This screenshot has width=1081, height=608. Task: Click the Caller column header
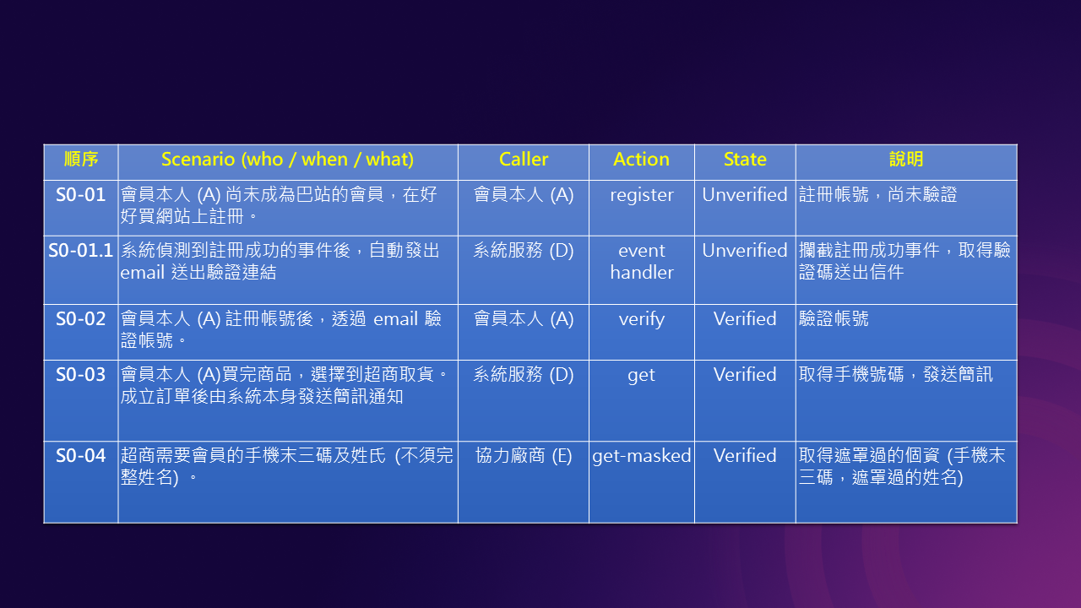(x=524, y=160)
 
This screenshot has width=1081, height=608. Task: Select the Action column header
(x=641, y=160)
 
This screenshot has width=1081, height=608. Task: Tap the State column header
(x=745, y=160)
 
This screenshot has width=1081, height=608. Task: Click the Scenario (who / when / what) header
(x=288, y=160)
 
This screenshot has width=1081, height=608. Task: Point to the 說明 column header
(x=906, y=160)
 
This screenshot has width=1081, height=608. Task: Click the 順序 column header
(x=80, y=160)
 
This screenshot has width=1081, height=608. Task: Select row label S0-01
(x=80, y=195)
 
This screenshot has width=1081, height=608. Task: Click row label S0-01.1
(x=80, y=251)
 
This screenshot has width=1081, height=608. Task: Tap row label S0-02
(x=80, y=319)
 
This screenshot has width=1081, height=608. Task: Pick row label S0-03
(x=80, y=375)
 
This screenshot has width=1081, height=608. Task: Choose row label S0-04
(x=80, y=456)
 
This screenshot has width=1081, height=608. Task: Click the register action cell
(x=641, y=195)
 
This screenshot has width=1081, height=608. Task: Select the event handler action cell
(x=641, y=262)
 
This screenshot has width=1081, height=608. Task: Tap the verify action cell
(x=641, y=319)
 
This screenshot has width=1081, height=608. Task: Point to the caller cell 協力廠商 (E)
(x=524, y=456)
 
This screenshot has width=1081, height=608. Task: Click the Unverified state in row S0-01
(x=745, y=195)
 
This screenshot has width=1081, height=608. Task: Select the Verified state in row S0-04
(x=745, y=456)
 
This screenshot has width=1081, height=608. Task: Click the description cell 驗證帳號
(x=834, y=319)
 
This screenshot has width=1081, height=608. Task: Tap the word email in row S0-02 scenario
(x=396, y=319)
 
